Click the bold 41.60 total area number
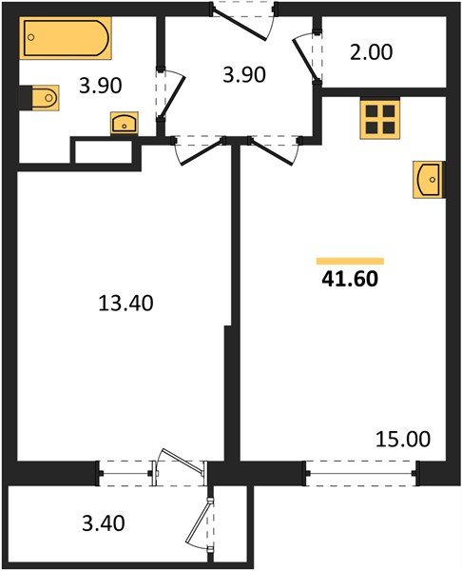350,280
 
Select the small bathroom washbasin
125,123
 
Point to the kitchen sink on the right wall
428,178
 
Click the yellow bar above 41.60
350,260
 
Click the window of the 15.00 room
362,468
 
